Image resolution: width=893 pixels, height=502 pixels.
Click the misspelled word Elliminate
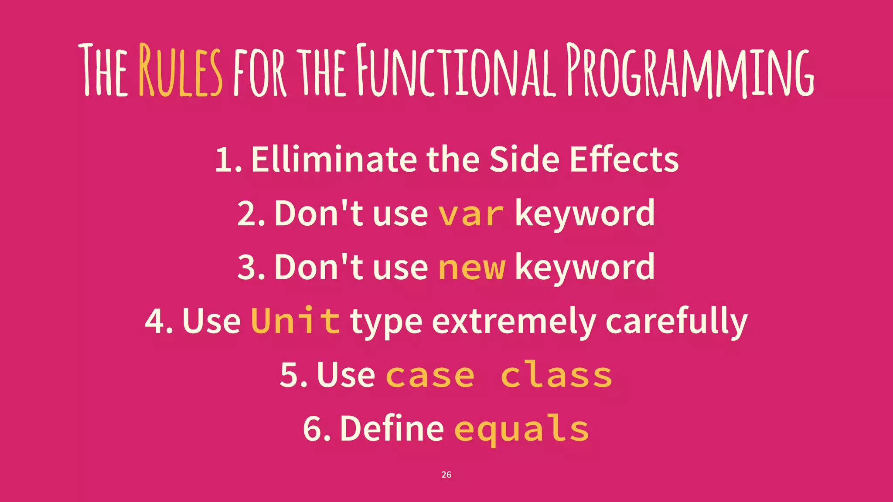tap(334, 159)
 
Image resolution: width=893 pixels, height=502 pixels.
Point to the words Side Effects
tap(584, 159)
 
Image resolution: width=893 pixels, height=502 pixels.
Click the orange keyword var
tap(471, 214)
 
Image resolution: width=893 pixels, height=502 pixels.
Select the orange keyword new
tap(472, 268)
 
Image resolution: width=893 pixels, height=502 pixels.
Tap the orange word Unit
tap(295, 321)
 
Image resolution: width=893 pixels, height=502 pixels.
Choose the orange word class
tap(556, 375)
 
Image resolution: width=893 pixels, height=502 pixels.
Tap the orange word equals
tap(521, 429)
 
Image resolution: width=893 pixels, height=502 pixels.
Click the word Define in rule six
tap(392, 429)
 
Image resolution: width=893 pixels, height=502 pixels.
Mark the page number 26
tap(446, 475)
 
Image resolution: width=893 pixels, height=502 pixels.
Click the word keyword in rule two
tap(585, 214)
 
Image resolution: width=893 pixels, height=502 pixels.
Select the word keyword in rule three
tap(585, 268)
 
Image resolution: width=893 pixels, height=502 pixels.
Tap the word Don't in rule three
tap(318, 268)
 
